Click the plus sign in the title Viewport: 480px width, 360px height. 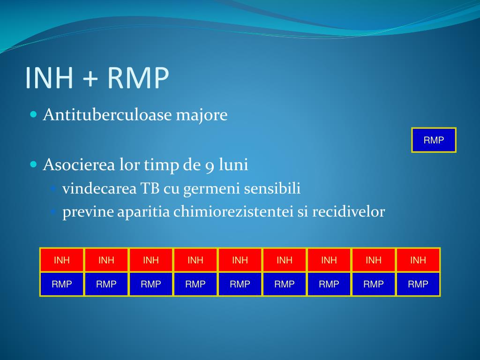click(x=90, y=78)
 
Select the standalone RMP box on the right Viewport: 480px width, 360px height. click(x=434, y=140)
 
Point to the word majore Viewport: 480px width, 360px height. click(x=202, y=115)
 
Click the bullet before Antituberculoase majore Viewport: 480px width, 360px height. click(x=34, y=114)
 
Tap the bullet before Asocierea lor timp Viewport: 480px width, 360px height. click(x=34, y=165)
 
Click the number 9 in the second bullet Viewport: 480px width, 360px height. click(x=210, y=165)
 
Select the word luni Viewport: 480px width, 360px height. click(x=233, y=165)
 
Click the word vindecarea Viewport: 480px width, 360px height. click(x=99, y=188)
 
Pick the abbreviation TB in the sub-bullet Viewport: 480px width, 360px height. click(x=150, y=188)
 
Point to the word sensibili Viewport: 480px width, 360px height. click(x=272, y=188)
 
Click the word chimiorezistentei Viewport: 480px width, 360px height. click(x=233, y=211)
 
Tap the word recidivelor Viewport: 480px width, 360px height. click(x=348, y=211)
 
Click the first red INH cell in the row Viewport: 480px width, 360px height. click(x=62, y=260)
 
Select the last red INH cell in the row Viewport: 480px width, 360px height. click(x=418, y=260)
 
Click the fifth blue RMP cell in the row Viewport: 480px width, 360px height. click(x=240, y=284)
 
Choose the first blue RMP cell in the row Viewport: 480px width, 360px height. click(x=62, y=284)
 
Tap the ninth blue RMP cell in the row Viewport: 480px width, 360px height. click(x=418, y=284)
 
